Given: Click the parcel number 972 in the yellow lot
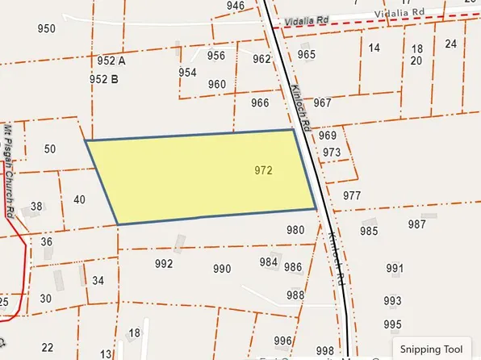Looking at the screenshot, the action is pyautogui.click(x=263, y=171).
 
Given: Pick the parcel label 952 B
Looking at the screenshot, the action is pyautogui.click(x=104, y=79).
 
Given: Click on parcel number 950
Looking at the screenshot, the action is pyautogui.click(x=47, y=29).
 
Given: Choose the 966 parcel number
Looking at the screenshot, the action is pyautogui.click(x=260, y=103).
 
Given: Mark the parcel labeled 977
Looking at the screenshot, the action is pyautogui.click(x=352, y=196).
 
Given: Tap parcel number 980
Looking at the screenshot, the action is pyautogui.click(x=295, y=230).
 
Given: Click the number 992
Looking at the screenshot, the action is pyautogui.click(x=164, y=264).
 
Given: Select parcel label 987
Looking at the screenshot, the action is pyautogui.click(x=417, y=224).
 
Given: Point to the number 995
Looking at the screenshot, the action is pyautogui.click(x=393, y=324).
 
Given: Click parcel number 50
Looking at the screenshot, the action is pyautogui.click(x=50, y=149).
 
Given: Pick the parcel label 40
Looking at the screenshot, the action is pyautogui.click(x=79, y=199).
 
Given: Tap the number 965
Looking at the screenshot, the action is pyautogui.click(x=307, y=55).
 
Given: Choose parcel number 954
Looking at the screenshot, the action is pyautogui.click(x=187, y=73).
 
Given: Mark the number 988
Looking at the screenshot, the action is pyautogui.click(x=295, y=295).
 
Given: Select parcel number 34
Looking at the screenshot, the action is pyautogui.click(x=98, y=280).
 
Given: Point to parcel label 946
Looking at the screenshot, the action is pyautogui.click(x=236, y=6).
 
